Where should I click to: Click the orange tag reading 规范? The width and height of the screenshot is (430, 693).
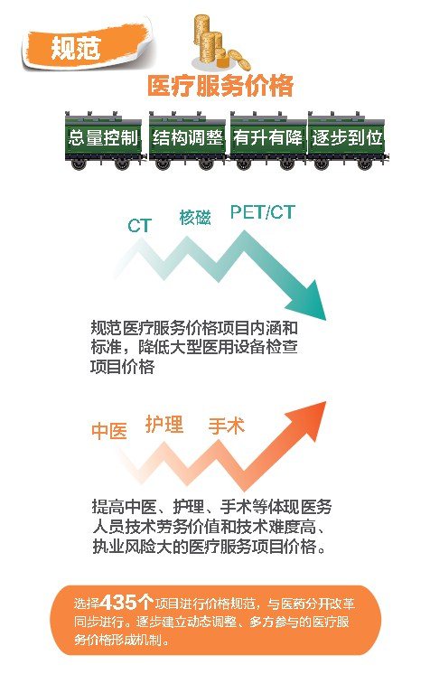click(86, 47)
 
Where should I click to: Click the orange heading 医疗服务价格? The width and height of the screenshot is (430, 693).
click(220, 85)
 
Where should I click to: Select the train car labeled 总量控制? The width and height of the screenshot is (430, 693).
click(103, 141)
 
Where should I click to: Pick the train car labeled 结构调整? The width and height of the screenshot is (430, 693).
click(188, 141)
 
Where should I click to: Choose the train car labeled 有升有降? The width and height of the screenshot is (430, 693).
click(267, 141)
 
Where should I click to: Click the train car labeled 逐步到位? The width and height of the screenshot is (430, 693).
click(347, 141)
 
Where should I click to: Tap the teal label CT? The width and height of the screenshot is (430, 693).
click(140, 226)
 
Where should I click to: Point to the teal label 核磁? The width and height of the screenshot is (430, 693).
click(195, 218)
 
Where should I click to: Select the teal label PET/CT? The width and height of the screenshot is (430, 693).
click(262, 212)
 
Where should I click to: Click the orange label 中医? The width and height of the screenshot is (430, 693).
click(109, 431)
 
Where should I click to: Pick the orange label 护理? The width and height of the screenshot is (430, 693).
click(164, 425)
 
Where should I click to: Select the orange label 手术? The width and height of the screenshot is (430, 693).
click(226, 426)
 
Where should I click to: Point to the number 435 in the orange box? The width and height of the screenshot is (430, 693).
click(118, 602)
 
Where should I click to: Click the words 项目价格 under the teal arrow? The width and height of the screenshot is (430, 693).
click(122, 367)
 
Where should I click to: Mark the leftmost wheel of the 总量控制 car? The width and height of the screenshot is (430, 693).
click(79, 164)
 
